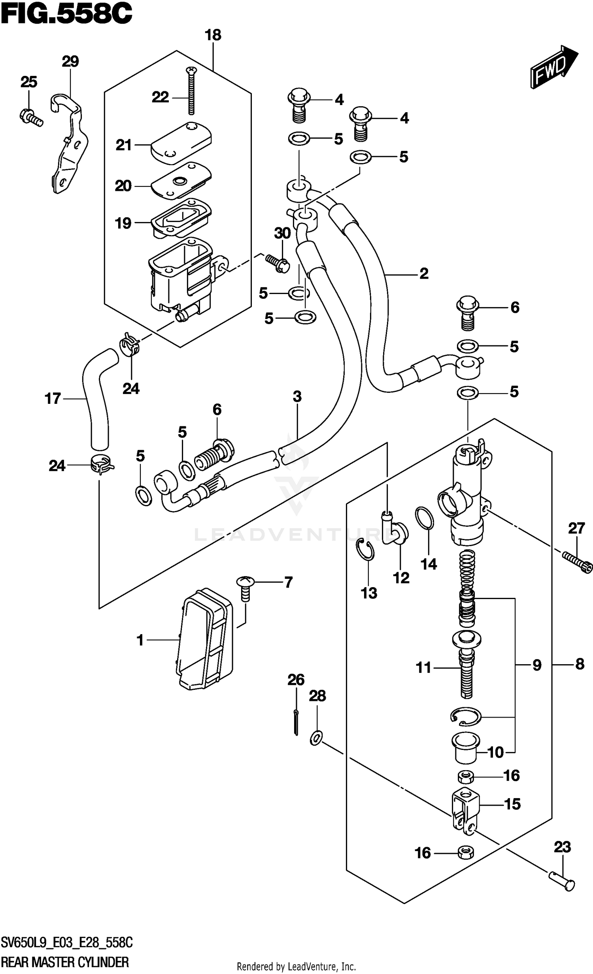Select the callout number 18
point(213,35)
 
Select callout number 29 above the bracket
point(70,61)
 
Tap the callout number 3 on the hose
point(297,396)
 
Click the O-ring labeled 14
point(424,518)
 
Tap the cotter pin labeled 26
point(296,722)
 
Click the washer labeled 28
point(316,738)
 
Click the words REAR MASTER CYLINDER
point(65,962)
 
